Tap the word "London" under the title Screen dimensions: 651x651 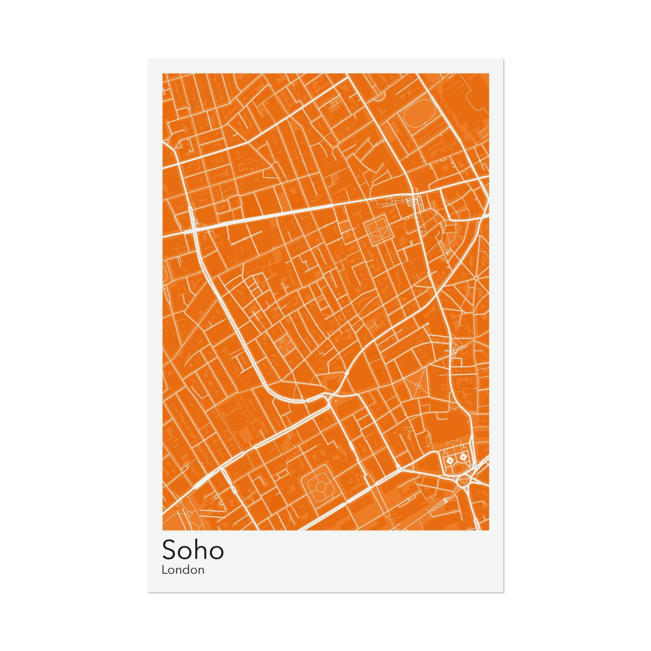pos(183,570)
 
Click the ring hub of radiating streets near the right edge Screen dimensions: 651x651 pos(476,277)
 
